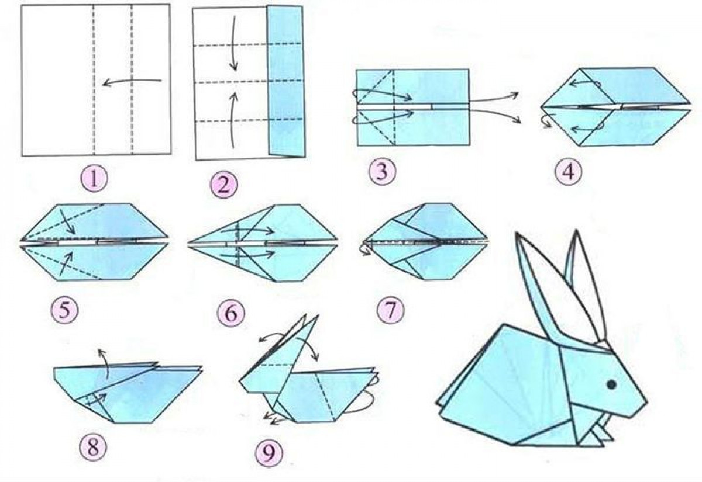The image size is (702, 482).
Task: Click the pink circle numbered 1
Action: [94, 179]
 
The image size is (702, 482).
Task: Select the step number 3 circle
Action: [382, 172]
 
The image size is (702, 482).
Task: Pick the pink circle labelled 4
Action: [569, 172]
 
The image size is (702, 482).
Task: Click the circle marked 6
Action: [231, 313]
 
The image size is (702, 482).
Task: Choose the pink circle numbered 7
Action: [391, 310]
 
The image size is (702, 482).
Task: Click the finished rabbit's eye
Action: [611, 384]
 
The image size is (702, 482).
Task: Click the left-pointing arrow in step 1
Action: [132, 81]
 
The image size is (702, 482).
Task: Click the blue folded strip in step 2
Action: [285, 81]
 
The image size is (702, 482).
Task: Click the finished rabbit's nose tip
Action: [647, 404]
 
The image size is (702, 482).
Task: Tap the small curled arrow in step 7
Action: [366, 251]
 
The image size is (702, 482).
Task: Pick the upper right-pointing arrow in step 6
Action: [247, 231]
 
